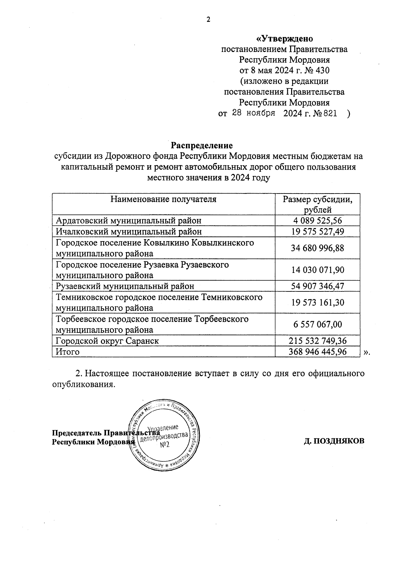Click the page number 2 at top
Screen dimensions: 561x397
tap(208, 20)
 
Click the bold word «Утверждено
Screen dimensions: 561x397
tap(285, 39)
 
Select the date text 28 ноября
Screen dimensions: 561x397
tap(254, 113)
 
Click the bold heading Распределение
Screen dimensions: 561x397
tap(201, 145)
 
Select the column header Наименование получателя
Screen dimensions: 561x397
tap(163, 199)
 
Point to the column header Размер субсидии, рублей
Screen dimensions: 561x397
tap(317, 204)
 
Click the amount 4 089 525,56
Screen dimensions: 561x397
tap(317, 221)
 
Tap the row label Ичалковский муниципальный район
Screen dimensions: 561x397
tap(129, 232)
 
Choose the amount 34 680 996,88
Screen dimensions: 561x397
tap(317, 248)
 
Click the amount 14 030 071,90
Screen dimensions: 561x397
tap(317, 270)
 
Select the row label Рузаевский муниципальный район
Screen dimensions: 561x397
tap(125, 286)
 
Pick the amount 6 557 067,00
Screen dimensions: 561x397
tap(317, 324)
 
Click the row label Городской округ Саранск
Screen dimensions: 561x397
tap(107, 341)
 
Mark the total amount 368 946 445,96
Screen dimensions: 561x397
tap(317, 352)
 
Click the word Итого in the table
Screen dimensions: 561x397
tap(67, 352)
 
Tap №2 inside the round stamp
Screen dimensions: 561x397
tap(164, 445)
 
